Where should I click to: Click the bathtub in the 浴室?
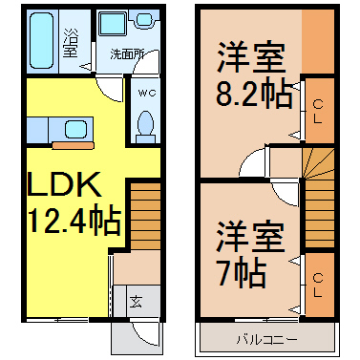click(41, 40)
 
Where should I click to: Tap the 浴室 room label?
click(70, 43)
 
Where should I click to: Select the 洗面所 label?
click(127, 54)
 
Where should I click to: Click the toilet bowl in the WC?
click(146, 122)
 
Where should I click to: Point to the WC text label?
click(147, 93)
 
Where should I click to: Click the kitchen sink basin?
click(76, 130)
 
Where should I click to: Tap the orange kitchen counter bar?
click(74, 145)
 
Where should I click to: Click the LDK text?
click(65, 184)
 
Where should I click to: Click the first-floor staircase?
click(145, 216)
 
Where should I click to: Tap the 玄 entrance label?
click(136, 302)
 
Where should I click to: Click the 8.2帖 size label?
click(254, 94)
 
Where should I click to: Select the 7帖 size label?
click(241, 272)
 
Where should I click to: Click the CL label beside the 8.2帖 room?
click(318, 112)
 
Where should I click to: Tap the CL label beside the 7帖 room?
click(318, 286)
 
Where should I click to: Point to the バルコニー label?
click(266, 340)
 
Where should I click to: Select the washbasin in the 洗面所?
click(144, 19)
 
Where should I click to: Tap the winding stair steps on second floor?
click(318, 162)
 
